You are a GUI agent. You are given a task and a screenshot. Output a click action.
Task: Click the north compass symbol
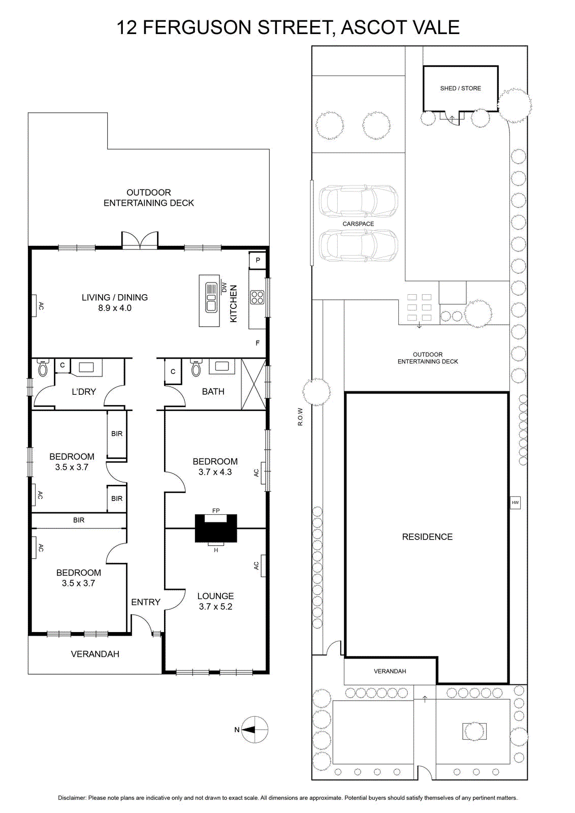coord(254,730)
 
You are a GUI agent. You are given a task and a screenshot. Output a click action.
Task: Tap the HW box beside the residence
coord(515,503)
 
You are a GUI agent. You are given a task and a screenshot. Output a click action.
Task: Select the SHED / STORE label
coord(460,88)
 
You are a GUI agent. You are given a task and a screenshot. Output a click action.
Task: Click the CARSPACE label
coord(358,224)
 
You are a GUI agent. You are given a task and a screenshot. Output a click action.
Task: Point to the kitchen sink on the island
coord(211,298)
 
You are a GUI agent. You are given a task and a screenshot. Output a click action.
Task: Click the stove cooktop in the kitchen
coord(257,297)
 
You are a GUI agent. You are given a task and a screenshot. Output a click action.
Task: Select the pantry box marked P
coord(258,260)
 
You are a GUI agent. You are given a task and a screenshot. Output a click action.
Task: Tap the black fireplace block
coord(216,528)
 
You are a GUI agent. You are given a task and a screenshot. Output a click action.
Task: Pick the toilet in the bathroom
coord(196,367)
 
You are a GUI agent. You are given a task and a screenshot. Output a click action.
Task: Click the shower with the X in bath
coord(253,384)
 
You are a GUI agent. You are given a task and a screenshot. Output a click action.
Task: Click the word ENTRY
coord(145,602)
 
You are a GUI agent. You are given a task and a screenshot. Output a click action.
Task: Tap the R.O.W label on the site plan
coord(300,417)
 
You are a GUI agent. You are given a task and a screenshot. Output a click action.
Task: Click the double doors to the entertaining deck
coord(140,240)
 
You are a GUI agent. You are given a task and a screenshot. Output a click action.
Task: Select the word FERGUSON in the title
coord(197,27)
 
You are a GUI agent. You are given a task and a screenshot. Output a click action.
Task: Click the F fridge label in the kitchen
coord(258,343)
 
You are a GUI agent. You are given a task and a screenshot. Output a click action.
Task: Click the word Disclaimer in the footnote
coord(72,798)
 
